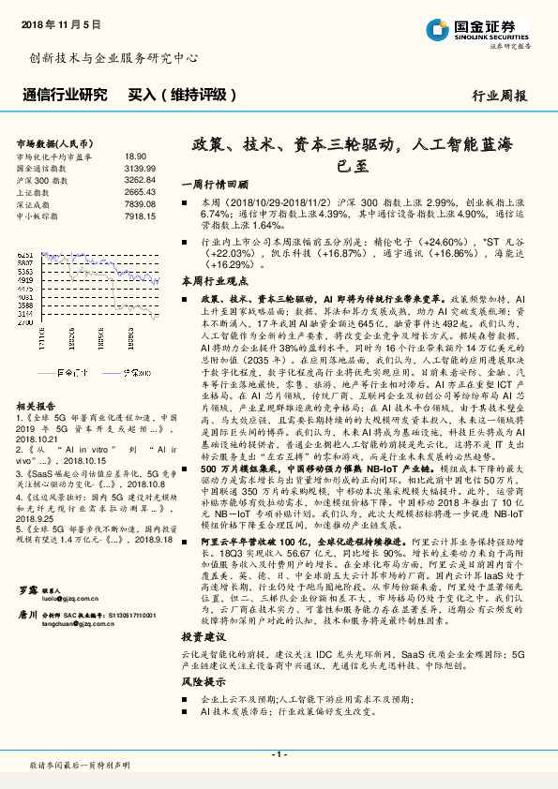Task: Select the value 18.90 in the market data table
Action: point(136,156)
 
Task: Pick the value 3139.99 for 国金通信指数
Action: point(139,168)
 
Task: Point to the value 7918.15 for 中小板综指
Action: point(139,216)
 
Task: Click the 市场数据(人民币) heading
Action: point(55,143)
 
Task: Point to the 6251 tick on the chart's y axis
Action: point(25,255)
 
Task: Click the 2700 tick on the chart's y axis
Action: point(25,320)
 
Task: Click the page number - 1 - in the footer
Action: point(279,753)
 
